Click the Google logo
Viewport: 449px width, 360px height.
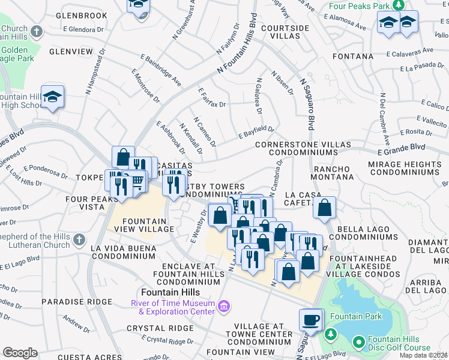20,353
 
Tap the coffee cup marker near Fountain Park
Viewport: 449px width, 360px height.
311,319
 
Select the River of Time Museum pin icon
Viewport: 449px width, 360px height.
224,307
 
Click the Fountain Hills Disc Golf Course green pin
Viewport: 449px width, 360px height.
359,343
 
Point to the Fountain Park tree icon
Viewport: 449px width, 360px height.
329,334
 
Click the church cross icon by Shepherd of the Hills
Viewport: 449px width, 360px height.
79,241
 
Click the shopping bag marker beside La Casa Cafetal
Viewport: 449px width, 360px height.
324,208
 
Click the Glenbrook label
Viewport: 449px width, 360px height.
80,16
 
